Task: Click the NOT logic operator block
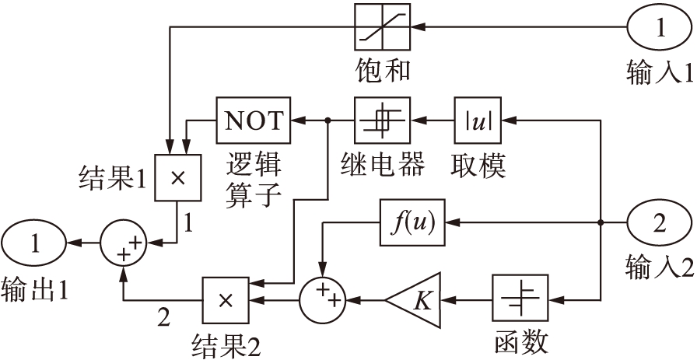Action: (x=252, y=121)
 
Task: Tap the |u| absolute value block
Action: (x=478, y=121)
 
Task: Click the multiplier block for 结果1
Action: (x=177, y=177)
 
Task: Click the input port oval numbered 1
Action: (x=659, y=30)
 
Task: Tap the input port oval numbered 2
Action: (x=659, y=224)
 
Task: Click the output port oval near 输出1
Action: (x=33, y=243)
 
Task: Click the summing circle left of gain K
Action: (x=322, y=298)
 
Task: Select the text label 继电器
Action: (x=382, y=166)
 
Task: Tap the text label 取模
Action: (x=478, y=166)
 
